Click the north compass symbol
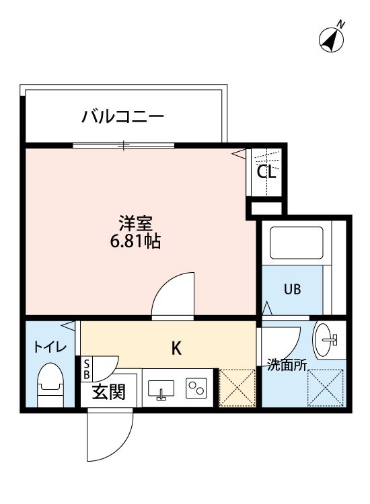point(331,38)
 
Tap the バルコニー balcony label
point(123,117)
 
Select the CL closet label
point(266,172)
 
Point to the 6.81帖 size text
point(135,241)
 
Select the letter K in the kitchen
point(176,348)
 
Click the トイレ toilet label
point(50,347)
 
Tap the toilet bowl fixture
point(50,386)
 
